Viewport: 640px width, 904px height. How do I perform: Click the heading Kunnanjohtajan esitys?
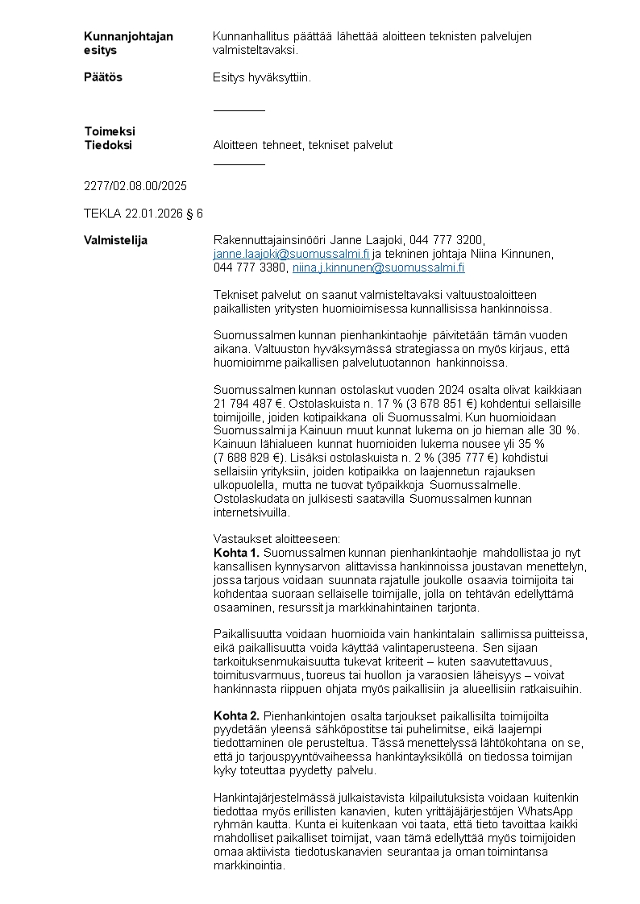pos(128,43)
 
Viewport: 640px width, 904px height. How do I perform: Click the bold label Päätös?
pos(103,77)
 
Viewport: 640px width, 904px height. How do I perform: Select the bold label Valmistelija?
pos(115,240)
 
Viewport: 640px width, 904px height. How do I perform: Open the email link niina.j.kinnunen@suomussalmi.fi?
pos(378,267)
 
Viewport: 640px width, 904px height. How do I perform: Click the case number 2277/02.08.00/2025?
pos(135,185)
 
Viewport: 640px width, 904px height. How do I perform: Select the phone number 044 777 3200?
pos(446,240)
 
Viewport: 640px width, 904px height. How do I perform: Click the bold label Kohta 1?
pos(236,553)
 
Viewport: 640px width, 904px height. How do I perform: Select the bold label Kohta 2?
pos(236,715)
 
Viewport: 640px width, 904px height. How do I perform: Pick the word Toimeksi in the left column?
pos(110,131)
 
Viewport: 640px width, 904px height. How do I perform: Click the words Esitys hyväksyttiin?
pos(261,77)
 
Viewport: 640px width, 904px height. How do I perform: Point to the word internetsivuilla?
pos(251,512)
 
